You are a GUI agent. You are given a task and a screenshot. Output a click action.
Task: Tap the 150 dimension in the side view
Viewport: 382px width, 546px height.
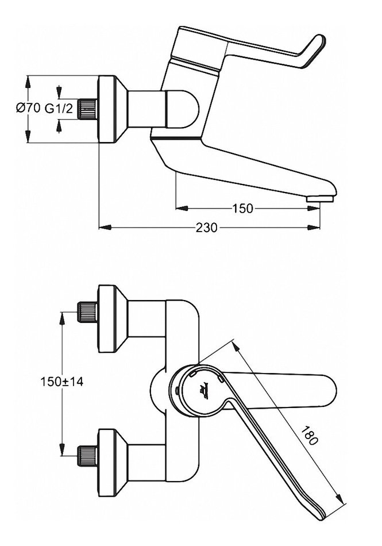tap(243, 208)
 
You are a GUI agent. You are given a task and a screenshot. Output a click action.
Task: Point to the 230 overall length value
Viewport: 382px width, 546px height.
tap(207, 228)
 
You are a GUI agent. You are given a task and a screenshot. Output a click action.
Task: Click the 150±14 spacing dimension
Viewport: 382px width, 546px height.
tap(61, 381)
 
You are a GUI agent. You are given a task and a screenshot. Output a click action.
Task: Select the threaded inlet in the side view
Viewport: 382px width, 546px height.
tap(88, 109)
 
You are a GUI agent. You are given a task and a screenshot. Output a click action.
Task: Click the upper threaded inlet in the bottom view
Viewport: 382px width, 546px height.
tap(87, 313)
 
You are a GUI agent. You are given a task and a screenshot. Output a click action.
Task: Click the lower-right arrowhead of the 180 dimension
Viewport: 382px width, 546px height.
tap(345, 501)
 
